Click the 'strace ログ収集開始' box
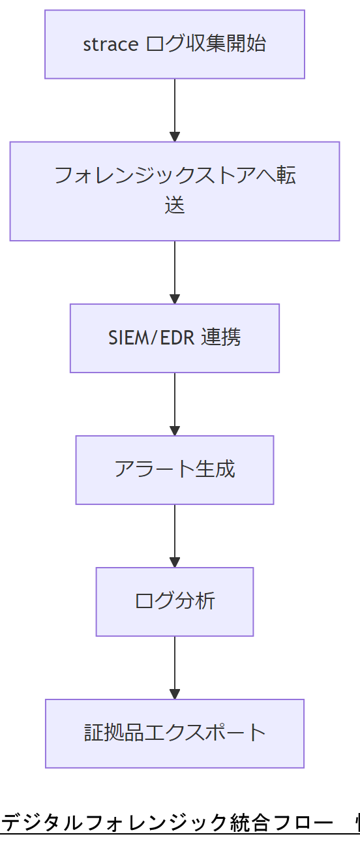(x=175, y=44)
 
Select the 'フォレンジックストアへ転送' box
(x=175, y=191)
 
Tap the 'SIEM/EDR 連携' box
(x=175, y=338)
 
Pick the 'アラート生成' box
(x=175, y=470)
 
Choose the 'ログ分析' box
(x=175, y=602)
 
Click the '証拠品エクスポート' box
(x=175, y=733)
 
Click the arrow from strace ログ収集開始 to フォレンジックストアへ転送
(x=175, y=110)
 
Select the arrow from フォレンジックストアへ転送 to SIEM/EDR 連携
(x=175, y=271)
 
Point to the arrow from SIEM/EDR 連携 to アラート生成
(x=175, y=403)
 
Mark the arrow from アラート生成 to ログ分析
(x=175, y=535)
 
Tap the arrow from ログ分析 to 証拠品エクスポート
(x=175, y=667)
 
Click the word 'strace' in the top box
(x=110, y=44)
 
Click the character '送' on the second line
(x=175, y=206)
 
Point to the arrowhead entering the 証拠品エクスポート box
(x=175, y=694)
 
